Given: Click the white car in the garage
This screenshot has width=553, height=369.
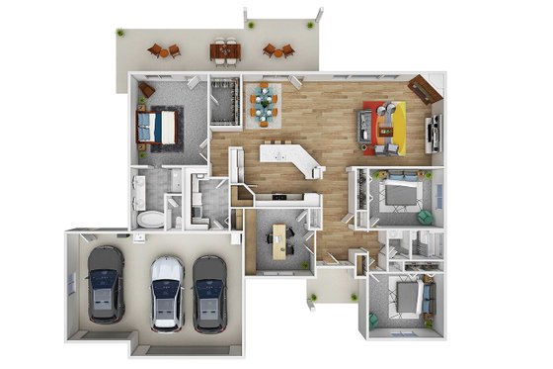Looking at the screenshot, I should [x=167, y=293].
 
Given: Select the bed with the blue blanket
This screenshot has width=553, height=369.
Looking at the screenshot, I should [x=160, y=128].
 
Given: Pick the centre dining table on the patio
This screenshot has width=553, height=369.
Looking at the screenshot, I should [x=224, y=49].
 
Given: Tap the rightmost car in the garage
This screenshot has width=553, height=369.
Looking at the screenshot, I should [x=209, y=294].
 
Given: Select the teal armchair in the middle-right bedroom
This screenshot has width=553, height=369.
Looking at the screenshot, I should [x=425, y=215].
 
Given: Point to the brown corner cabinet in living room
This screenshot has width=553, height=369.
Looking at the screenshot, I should [x=425, y=88].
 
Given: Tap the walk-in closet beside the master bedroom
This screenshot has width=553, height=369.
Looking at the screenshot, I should [x=226, y=101].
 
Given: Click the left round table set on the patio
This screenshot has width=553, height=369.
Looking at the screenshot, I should [x=163, y=49].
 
